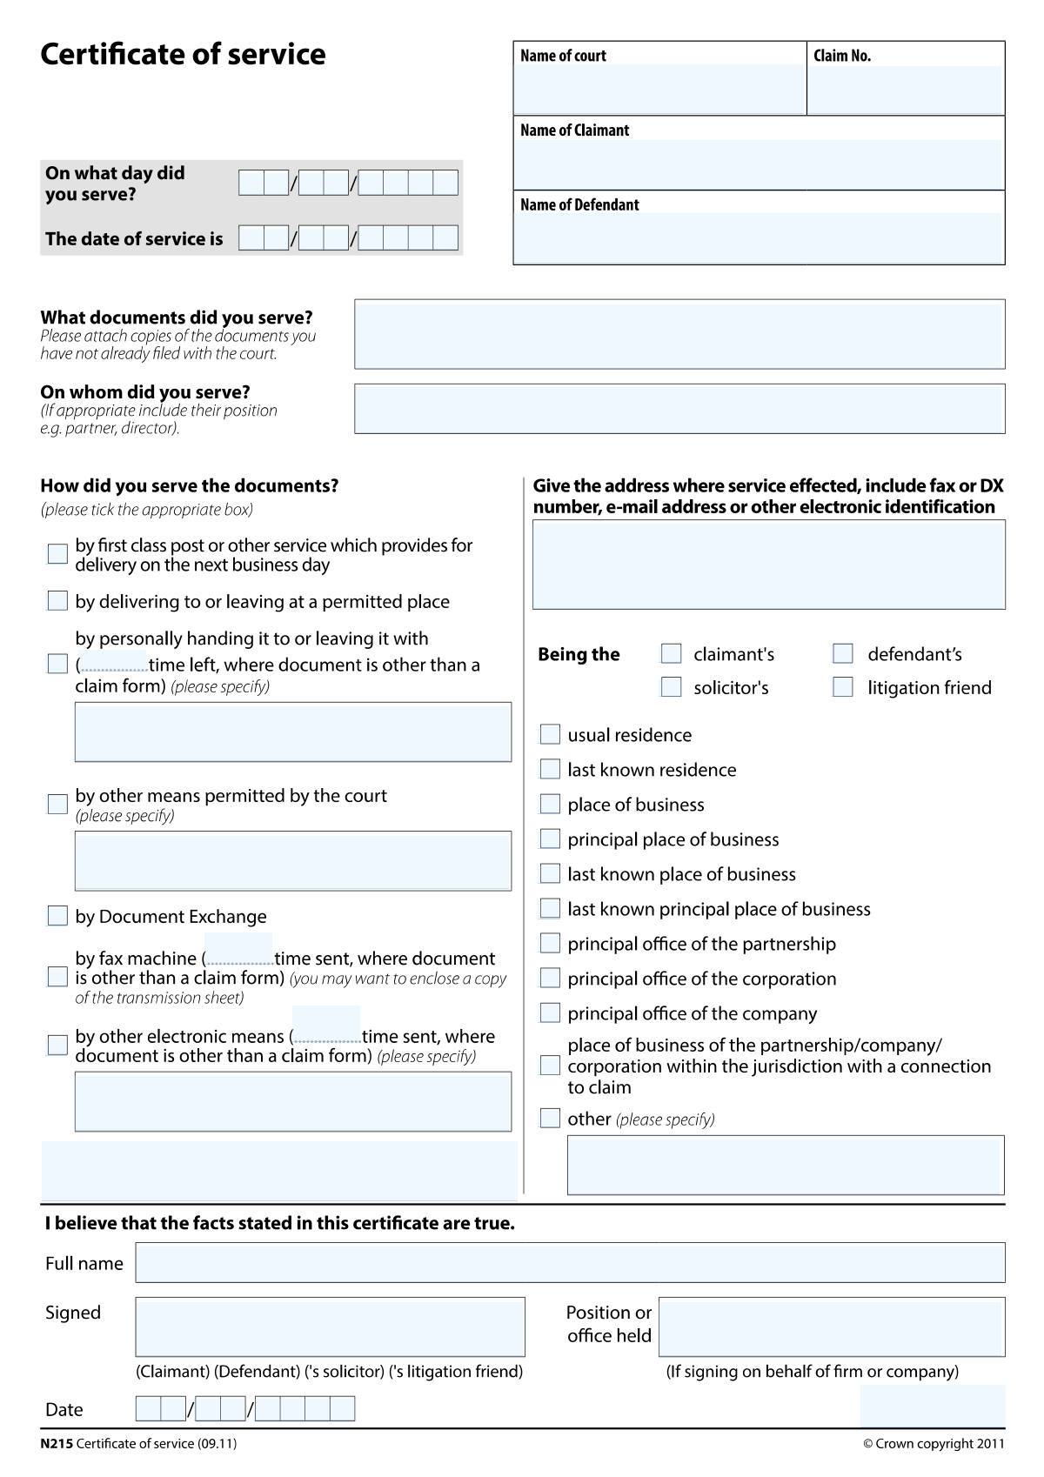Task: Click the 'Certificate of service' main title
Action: click(x=183, y=55)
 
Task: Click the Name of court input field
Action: click(x=659, y=89)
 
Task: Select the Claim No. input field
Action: click(x=906, y=89)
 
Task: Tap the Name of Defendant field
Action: click(x=759, y=237)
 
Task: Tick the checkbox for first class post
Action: click(x=57, y=554)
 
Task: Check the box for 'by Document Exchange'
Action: click(x=57, y=916)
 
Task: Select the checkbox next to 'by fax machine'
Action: click(x=57, y=977)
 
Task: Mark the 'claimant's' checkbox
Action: click(x=671, y=653)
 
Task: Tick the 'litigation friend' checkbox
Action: click(x=843, y=687)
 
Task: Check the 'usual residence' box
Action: click(x=550, y=735)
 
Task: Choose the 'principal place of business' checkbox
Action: click(x=550, y=839)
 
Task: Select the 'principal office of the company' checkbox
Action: click(x=550, y=1013)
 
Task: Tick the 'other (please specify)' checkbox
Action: click(x=550, y=1119)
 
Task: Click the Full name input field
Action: click(x=570, y=1263)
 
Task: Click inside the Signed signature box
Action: click(x=330, y=1327)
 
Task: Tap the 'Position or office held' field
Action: click(x=831, y=1327)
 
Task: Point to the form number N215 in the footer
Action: click(x=57, y=1444)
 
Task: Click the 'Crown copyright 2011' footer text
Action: click(x=934, y=1444)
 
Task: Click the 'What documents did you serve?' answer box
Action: click(x=679, y=334)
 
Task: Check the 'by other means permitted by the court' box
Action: click(x=57, y=804)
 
